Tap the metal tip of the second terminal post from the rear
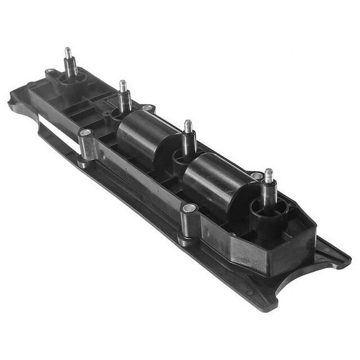point(123,85)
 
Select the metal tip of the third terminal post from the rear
point(188,126)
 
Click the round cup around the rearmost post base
point(71,79)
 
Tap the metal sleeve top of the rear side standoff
point(86,133)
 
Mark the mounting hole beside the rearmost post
point(49,72)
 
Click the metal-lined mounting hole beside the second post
point(147,108)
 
